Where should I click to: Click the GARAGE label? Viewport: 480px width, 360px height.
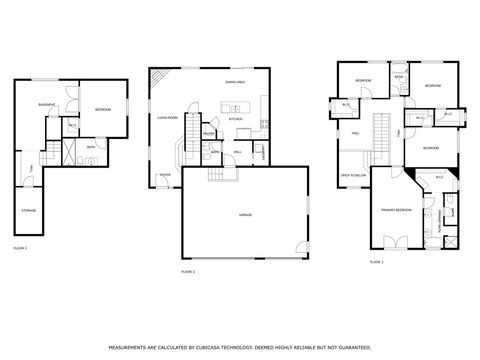pyautogui.click(x=245, y=215)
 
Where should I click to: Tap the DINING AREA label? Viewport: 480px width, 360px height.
pyautogui.click(x=235, y=81)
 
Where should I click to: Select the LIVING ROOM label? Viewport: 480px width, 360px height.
pyautogui.click(x=167, y=117)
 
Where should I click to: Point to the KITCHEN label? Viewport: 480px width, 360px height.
pyautogui.click(x=236, y=118)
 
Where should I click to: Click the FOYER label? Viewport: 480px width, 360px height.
pyautogui.click(x=163, y=173)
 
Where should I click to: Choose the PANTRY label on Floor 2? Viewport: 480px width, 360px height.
pyautogui.click(x=209, y=133)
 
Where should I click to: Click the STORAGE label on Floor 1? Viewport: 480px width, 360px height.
pyautogui.click(x=29, y=210)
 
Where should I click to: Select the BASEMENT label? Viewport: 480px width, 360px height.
pyautogui.click(x=46, y=105)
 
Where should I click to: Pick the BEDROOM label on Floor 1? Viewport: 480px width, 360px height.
pyautogui.click(x=103, y=109)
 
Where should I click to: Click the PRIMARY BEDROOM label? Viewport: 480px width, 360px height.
pyautogui.click(x=395, y=210)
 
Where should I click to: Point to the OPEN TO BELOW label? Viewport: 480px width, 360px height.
pyautogui.click(x=352, y=174)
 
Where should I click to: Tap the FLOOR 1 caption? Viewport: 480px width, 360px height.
pyautogui.click(x=20, y=247)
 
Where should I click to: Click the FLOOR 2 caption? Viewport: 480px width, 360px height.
pyautogui.click(x=187, y=271)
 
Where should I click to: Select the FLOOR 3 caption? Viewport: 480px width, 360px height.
pyautogui.click(x=376, y=262)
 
